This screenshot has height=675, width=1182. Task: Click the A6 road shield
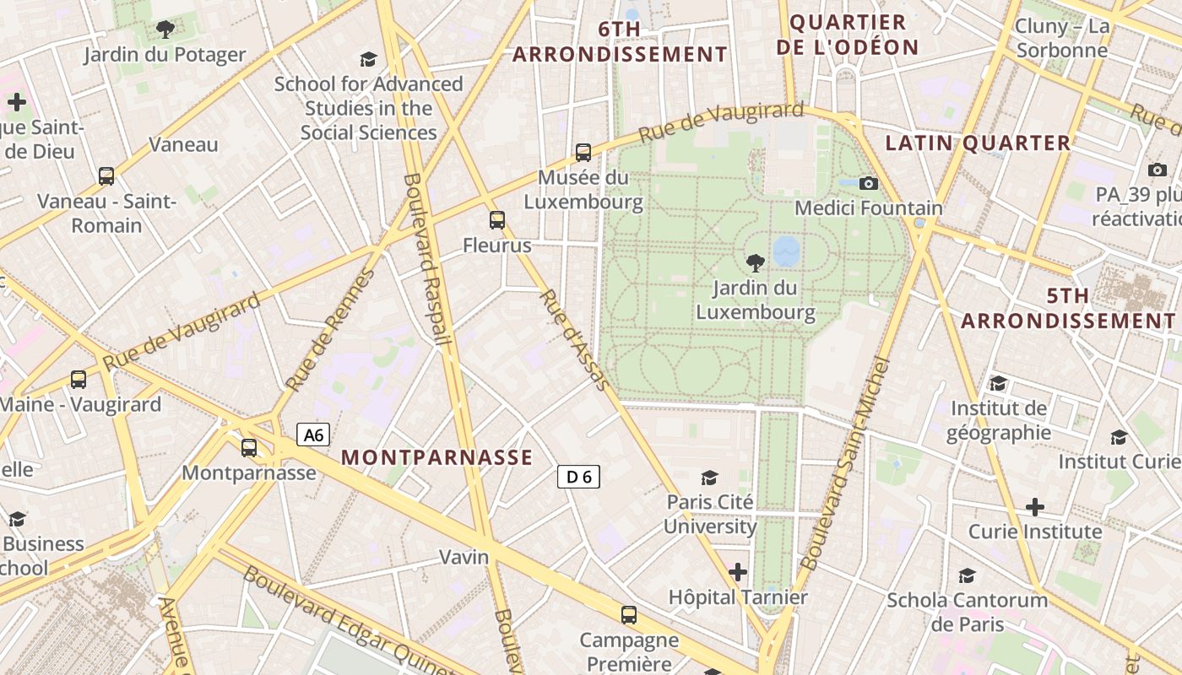[x=313, y=435]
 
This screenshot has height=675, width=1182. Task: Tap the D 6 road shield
[x=578, y=477]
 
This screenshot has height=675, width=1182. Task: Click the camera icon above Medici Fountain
[x=868, y=183]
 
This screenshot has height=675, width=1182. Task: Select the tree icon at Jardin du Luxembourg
[x=756, y=262]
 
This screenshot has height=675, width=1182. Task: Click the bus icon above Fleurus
[x=497, y=220]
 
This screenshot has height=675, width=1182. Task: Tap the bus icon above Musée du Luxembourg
[x=583, y=153]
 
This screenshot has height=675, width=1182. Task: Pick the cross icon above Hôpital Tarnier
[x=738, y=572]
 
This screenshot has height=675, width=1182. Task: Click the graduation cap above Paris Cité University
[x=709, y=478]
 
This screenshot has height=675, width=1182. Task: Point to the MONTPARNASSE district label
[x=436, y=457]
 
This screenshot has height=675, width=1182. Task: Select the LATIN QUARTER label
[x=978, y=143]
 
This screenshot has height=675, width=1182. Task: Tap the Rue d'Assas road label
[x=574, y=340]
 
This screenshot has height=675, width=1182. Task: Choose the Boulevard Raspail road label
[x=426, y=260]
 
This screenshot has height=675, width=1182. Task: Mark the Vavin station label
[x=464, y=557]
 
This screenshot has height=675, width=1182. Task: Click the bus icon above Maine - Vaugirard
[x=79, y=380]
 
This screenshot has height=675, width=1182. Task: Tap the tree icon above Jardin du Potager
[x=165, y=30]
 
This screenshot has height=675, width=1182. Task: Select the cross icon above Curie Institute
[x=1035, y=507]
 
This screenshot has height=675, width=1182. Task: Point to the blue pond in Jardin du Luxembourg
[x=786, y=251]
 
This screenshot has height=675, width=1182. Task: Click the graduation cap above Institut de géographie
[x=998, y=384]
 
